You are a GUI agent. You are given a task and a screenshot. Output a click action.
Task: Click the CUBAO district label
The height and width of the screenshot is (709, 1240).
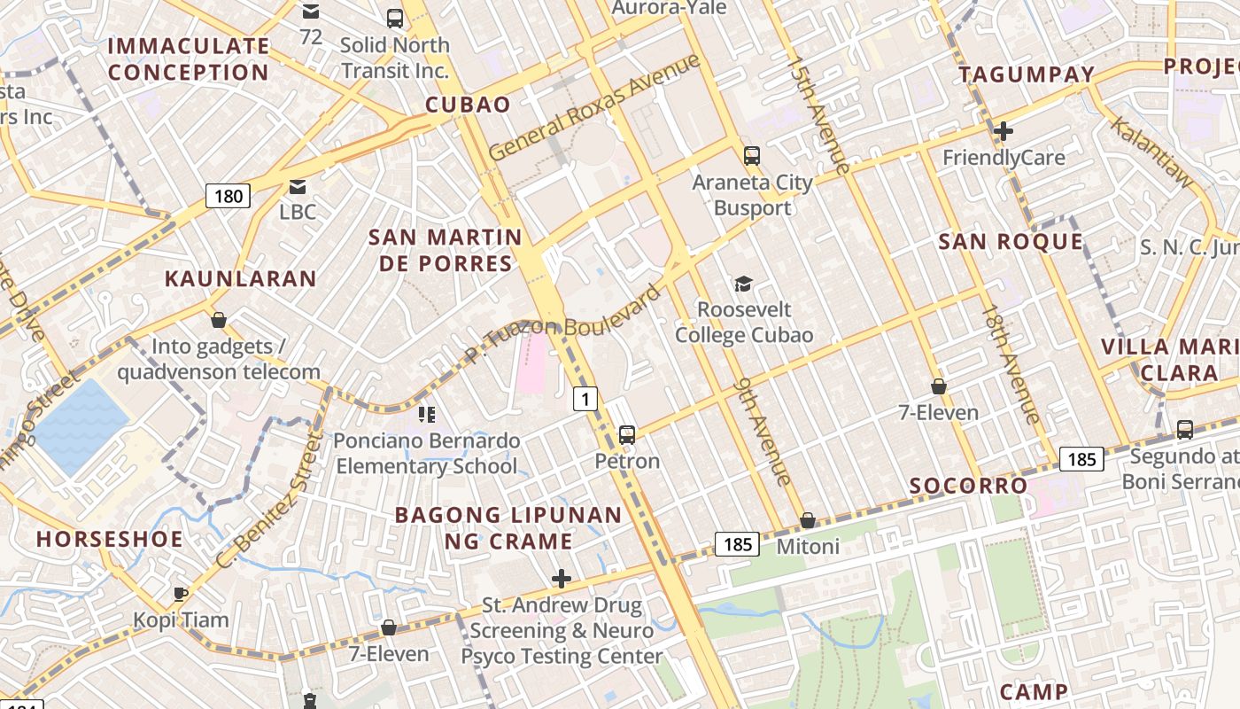[x=468, y=105]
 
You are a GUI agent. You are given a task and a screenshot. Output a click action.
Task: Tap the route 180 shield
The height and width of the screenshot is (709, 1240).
[x=228, y=196]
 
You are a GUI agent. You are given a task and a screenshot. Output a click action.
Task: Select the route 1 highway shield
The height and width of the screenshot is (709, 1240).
[x=585, y=400]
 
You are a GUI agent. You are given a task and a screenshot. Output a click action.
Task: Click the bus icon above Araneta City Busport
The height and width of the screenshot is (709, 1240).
[x=752, y=156]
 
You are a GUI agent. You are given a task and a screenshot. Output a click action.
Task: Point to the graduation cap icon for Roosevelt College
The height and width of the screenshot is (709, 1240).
[x=743, y=284]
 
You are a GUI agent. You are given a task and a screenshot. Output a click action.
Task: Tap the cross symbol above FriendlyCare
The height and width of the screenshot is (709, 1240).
[x=1003, y=131]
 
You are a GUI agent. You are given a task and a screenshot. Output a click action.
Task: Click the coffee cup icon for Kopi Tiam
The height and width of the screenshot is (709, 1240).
[x=181, y=594]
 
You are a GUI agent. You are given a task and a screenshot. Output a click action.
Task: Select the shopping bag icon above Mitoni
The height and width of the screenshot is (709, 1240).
[x=807, y=520]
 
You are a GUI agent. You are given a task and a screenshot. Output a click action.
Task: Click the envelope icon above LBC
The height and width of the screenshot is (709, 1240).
[x=298, y=186]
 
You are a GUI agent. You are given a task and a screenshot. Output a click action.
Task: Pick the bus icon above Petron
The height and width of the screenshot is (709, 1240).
[x=627, y=434]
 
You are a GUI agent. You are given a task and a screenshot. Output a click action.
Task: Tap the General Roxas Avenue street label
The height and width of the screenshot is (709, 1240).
[x=594, y=108]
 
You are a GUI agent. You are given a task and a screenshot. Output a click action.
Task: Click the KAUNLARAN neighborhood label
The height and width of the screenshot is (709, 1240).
[x=240, y=278]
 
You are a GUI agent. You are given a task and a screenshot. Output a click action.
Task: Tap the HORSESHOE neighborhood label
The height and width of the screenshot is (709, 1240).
[x=110, y=539]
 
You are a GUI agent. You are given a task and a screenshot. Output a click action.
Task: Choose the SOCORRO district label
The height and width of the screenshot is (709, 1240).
[x=969, y=486]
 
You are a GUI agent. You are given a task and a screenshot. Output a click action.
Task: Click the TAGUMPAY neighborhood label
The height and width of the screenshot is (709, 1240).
[x=1027, y=74]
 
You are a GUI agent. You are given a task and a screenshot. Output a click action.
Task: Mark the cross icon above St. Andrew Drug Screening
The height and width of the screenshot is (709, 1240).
[x=561, y=580]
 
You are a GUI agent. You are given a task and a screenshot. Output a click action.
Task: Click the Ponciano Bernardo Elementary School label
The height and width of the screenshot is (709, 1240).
[x=426, y=453]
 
